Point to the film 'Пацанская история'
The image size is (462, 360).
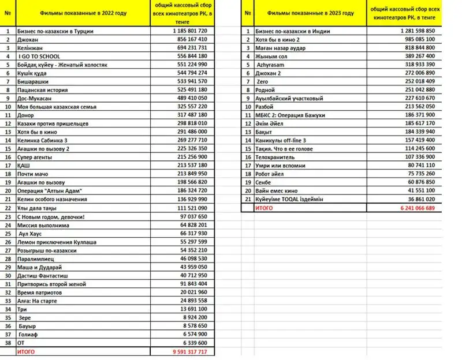tap(43, 91)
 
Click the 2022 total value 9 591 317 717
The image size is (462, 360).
tap(186, 351)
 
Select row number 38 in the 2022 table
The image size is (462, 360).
tap(8, 343)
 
